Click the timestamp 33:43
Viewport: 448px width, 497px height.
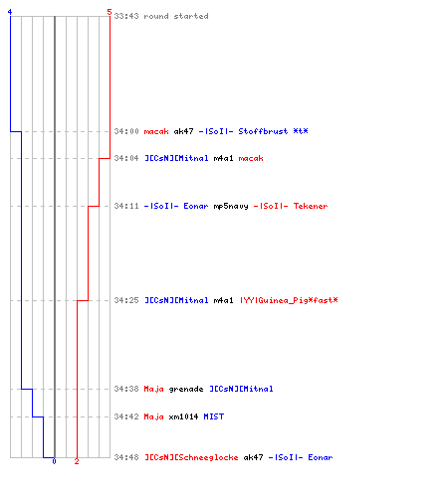click(126, 16)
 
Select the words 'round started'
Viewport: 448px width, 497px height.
click(176, 16)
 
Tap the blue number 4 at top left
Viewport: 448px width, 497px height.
click(10, 12)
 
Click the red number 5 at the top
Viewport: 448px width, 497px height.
click(110, 12)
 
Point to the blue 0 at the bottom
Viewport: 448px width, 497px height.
click(54, 461)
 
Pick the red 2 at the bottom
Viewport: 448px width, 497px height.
click(77, 461)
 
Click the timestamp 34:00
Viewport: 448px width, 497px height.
click(126, 131)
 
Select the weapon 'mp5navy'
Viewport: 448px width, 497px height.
click(231, 207)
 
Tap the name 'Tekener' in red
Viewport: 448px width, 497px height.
click(311, 206)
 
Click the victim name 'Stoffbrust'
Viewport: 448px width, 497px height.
click(263, 131)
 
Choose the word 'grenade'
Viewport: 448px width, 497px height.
click(186, 389)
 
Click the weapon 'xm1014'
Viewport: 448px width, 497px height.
click(183, 416)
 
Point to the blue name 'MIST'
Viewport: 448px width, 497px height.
click(214, 416)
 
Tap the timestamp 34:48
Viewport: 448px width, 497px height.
click(126, 457)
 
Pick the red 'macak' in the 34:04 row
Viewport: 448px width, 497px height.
click(251, 158)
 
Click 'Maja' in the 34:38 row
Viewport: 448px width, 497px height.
click(154, 389)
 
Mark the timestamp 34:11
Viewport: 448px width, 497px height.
click(126, 206)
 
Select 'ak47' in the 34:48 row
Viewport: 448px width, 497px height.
click(253, 457)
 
